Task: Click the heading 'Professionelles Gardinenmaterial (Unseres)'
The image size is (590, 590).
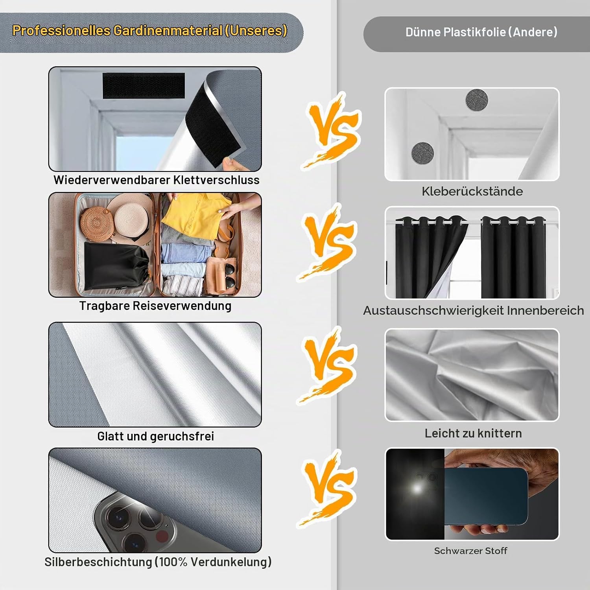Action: pyautogui.click(x=150, y=31)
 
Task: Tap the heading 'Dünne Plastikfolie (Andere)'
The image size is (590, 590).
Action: pyautogui.click(x=481, y=32)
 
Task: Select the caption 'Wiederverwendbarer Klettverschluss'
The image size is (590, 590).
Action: pyautogui.click(x=157, y=180)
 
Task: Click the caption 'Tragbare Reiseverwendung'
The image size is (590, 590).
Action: pyautogui.click(x=155, y=306)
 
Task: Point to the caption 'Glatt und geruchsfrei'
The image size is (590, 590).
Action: pyautogui.click(x=156, y=436)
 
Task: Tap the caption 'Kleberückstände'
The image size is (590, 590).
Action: pyautogui.click(x=472, y=192)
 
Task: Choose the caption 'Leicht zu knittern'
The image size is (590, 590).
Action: pyautogui.click(x=473, y=433)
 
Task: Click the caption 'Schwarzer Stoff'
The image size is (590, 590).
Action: pyautogui.click(x=471, y=551)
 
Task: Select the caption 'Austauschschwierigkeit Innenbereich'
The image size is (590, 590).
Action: pyautogui.click(x=474, y=310)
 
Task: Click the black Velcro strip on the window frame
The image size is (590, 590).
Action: pyautogui.click(x=144, y=86)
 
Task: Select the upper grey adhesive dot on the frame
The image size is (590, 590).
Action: pyautogui.click(x=477, y=100)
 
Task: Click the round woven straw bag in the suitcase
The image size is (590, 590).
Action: pyautogui.click(x=97, y=224)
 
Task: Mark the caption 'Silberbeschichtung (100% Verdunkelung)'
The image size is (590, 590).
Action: pyautogui.click(x=158, y=562)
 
